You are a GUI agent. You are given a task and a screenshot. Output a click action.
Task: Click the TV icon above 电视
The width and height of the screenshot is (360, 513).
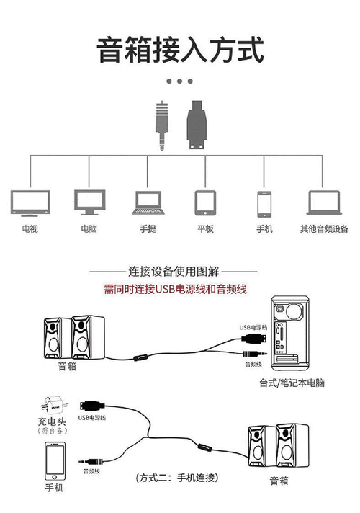(30, 203)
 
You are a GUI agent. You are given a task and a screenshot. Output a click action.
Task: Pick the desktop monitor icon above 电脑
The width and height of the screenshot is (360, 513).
(89, 203)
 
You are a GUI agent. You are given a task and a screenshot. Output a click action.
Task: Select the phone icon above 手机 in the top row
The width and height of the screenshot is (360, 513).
(264, 203)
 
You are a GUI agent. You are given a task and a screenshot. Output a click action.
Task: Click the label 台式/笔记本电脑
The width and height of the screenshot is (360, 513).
(292, 383)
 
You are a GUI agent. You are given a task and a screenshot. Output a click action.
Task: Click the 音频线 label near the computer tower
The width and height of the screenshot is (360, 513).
(253, 365)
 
